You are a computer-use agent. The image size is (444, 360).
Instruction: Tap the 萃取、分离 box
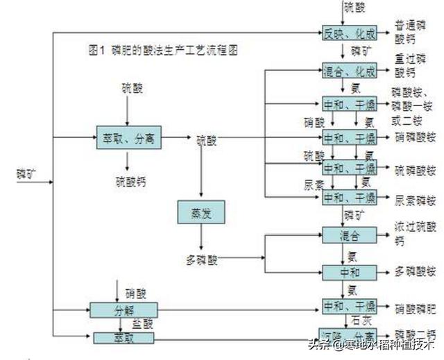[128, 139]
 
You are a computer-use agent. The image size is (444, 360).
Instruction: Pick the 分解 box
[125, 309]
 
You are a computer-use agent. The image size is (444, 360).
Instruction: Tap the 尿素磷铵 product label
[416, 200]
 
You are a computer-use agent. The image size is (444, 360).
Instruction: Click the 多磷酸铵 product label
[416, 271]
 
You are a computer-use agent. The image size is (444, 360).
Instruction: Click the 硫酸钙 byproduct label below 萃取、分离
[130, 182]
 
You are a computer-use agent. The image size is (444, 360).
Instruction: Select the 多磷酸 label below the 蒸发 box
[202, 260]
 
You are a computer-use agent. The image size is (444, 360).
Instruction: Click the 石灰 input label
[361, 320]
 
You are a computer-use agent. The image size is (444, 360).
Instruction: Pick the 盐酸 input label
[144, 324]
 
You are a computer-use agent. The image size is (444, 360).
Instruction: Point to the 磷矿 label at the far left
[26, 172]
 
